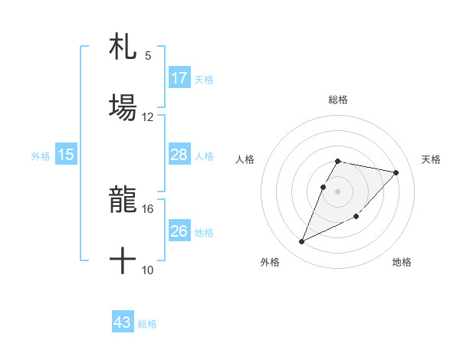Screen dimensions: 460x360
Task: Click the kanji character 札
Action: (x=123, y=47)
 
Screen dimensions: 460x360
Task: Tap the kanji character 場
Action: (x=123, y=106)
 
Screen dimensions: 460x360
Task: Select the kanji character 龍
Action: (x=123, y=201)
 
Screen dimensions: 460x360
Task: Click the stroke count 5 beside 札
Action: (x=148, y=55)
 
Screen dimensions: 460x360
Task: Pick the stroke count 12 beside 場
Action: (x=148, y=116)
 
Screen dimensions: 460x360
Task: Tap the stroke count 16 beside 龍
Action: (x=148, y=208)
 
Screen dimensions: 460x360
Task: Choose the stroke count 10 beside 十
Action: (x=148, y=270)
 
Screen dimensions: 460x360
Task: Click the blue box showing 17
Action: (x=179, y=78)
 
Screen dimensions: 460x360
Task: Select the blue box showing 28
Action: (x=179, y=155)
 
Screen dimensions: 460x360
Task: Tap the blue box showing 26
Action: (x=179, y=231)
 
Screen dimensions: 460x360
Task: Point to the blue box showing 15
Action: (x=66, y=155)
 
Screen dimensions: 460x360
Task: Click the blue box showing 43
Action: (x=123, y=322)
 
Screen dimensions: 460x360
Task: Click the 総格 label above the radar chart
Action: (x=338, y=100)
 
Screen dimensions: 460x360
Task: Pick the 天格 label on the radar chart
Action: (x=432, y=159)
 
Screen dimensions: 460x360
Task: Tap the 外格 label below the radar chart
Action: (x=270, y=262)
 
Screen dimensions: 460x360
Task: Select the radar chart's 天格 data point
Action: (x=396, y=172)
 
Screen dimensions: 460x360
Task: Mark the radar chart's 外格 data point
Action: (x=302, y=241)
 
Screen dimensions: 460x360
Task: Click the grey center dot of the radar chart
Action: (x=338, y=191)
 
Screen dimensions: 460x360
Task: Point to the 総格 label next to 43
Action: (x=147, y=324)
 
